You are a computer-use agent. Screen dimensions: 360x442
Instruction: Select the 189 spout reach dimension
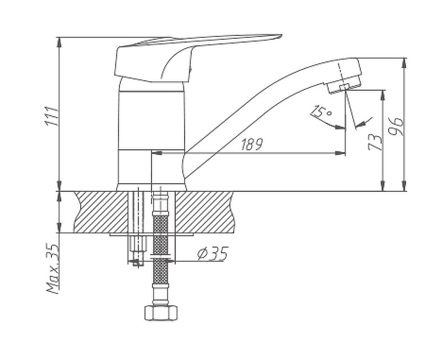[x=251, y=144]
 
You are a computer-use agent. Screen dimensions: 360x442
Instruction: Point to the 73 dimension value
[x=375, y=141]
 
